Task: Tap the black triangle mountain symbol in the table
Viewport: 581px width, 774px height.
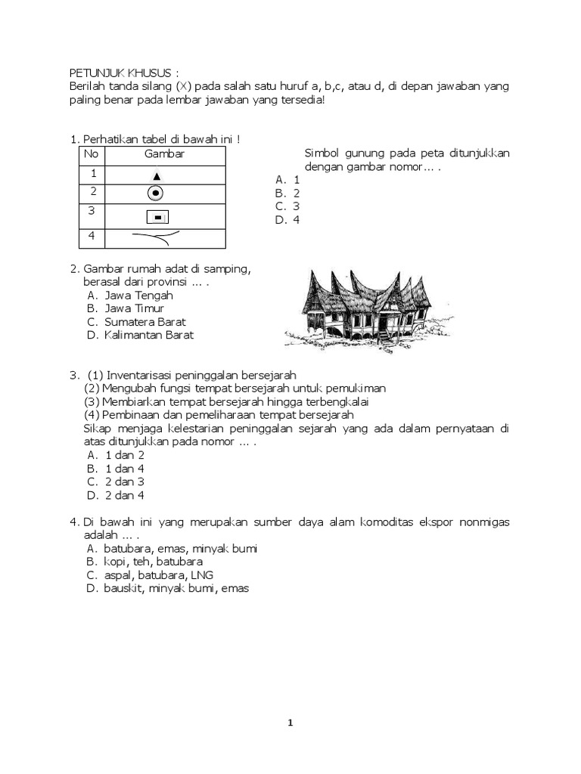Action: pyautogui.click(x=156, y=175)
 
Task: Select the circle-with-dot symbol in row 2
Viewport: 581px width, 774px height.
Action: pyautogui.click(x=155, y=193)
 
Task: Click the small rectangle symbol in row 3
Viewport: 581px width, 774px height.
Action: pyautogui.click(x=157, y=218)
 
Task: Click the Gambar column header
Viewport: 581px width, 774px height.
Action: pyautogui.click(x=164, y=154)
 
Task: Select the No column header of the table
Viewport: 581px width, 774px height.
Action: pyautogui.click(x=91, y=154)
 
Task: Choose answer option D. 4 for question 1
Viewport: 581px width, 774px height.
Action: pyautogui.click(x=288, y=220)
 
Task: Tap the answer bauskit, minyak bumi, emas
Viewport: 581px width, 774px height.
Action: pyautogui.click(x=167, y=589)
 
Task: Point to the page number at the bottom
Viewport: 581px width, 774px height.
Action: pyautogui.click(x=290, y=723)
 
